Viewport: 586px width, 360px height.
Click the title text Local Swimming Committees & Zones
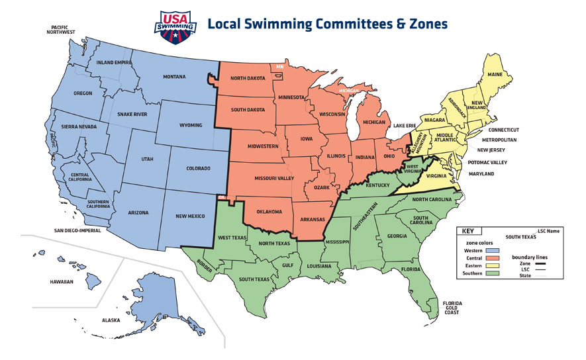[327, 24]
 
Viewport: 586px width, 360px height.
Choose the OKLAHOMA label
[269, 212]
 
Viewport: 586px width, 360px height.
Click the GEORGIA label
[397, 236]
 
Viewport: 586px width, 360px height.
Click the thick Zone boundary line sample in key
[544, 265]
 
